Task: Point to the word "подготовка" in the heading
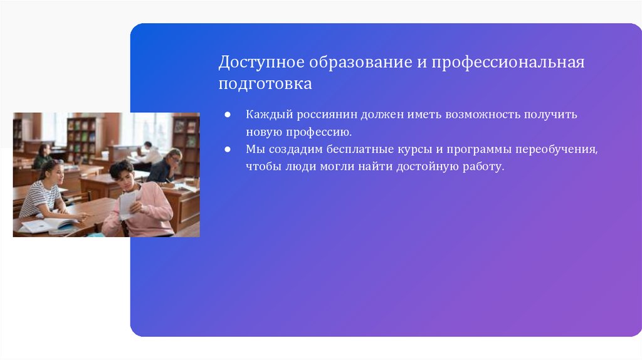(x=265, y=83)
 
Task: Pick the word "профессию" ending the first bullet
(x=319, y=133)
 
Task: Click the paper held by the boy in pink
(x=129, y=203)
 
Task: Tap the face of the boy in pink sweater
(x=123, y=175)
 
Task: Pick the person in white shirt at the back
(x=149, y=154)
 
